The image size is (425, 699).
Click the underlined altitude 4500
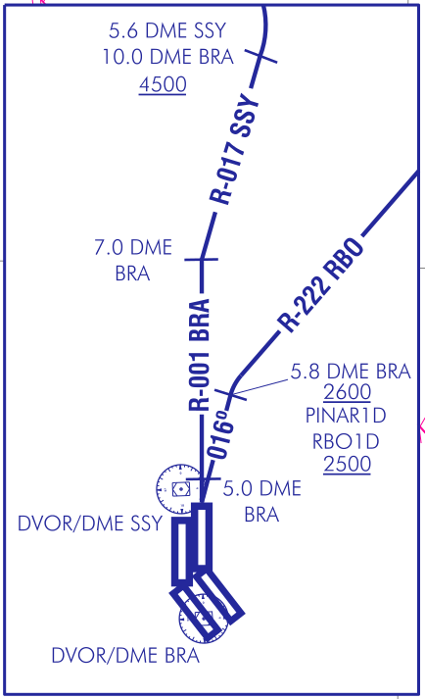coord(163,84)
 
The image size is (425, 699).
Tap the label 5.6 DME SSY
coord(168,30)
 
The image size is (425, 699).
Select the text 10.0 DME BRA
coord(168,57)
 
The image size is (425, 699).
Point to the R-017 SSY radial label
coord(234,149)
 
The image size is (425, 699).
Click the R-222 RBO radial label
coord(320,285)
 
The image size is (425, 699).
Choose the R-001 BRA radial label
coord(199,355)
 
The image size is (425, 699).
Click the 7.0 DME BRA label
coord(133,261)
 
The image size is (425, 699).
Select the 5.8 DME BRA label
coord(351,372)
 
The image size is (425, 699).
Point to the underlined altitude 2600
coord(347,392)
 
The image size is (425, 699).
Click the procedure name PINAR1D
coord(346,416)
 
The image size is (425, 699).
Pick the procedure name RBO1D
coord(346,442)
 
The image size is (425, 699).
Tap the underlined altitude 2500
coord(347,464)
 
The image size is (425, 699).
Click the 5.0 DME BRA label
coord(261,502)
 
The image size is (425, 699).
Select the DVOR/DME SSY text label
coord(89,524)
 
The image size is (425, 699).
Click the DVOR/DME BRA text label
coord(125,656)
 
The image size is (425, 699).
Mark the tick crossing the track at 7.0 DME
coord(202,259)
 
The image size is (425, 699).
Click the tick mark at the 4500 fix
coord(260,57)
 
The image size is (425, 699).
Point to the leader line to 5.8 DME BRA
coord(260,387)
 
